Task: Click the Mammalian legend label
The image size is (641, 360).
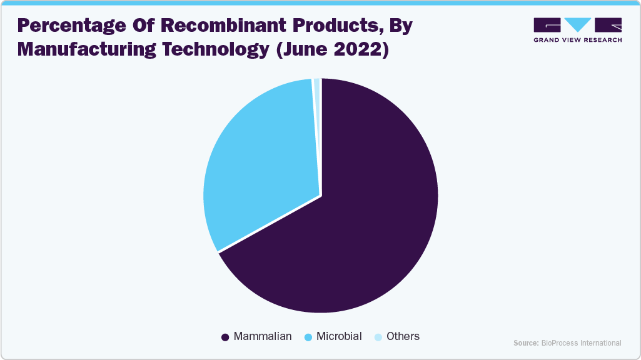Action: point(263,336)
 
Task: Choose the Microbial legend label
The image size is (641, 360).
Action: point(339,336)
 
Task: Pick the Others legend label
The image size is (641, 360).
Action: point(403,336)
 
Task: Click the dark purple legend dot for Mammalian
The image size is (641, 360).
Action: point(225,337)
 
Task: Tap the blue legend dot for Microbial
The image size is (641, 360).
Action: point(308,337)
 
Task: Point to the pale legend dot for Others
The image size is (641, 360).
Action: point(378,337)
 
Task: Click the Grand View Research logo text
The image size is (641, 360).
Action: point(577,40)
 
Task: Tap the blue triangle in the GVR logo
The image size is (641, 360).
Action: point(577,24)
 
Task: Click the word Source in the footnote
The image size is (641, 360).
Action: point(525,343)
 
